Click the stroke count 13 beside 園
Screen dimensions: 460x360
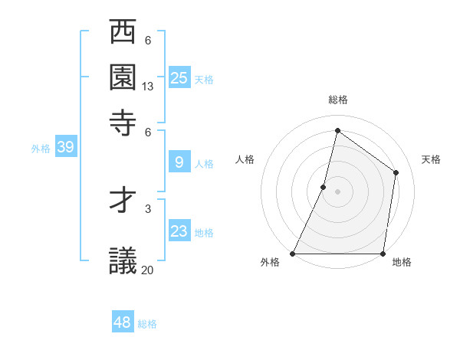pyautogui.click(x=148, y=87)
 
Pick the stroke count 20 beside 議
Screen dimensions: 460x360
pyautogui.click(x=148, y=270)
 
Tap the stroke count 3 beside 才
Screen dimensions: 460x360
pyautogui.click(x=148, y=208)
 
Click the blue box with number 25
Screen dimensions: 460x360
pyautogui.click(x=179, y=77)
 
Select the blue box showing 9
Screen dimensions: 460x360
pyautogui.click(x=179, y=162)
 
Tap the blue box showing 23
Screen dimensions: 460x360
pyautogui.click(x=179, y=231)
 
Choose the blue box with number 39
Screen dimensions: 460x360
pyautogui.click(x=65, y=147)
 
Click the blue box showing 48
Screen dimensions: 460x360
pyautogui.click(x=123, y=322)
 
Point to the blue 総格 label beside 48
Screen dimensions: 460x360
pyautogui.click(x=147, y=324)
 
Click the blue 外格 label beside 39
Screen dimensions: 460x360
pyautogui.click(x=41, y=149)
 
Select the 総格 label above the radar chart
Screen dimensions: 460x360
pyautogui.click(x=337, y=100)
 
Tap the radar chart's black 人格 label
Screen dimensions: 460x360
pyautogui.click(x=245, y=159)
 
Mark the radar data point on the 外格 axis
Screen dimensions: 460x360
pyautogui.click(x=293, y=254)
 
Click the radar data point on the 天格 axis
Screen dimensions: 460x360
pyautogui.click(x=396, y=172)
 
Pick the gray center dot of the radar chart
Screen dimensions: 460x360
pyautogui.click(x=337, y=191)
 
